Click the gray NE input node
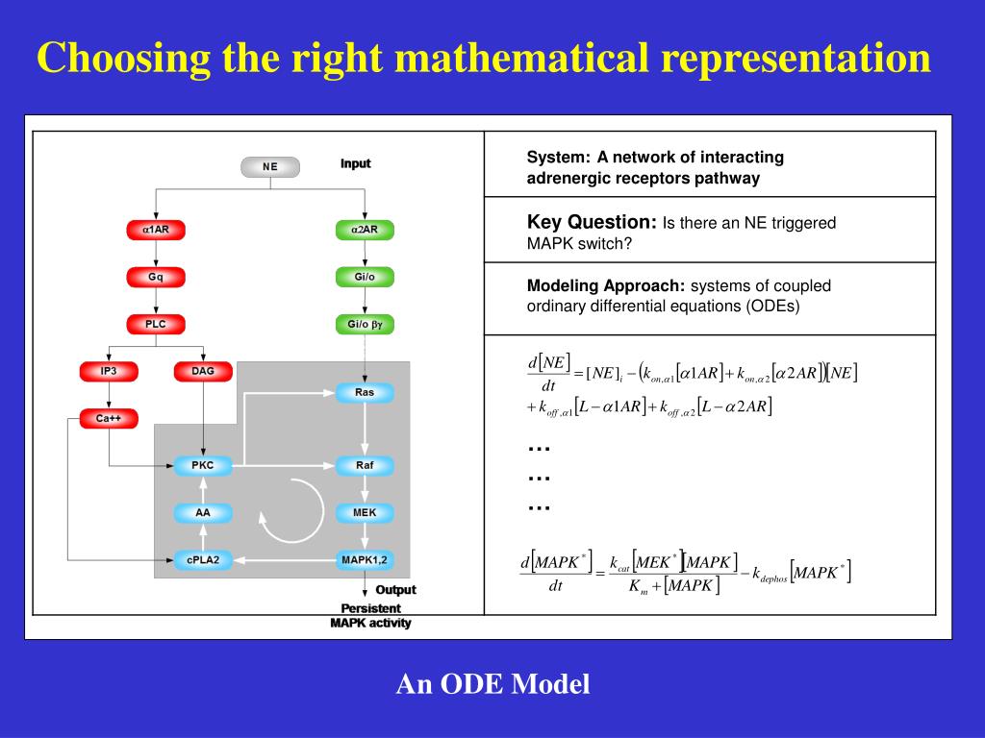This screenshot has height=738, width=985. (269, 167)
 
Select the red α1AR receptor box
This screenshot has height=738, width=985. (156, 231)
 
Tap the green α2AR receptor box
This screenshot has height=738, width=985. (365, 231)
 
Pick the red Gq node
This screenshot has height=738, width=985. (156, 278)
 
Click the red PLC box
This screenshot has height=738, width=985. (156, 325)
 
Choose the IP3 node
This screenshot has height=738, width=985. (108, 371)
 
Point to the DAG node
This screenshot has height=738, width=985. (203, 371)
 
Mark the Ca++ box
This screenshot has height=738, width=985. (108, 419)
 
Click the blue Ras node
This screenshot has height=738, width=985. (365, 393)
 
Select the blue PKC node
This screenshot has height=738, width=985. (203, 466)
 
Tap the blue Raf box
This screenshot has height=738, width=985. (365, 466)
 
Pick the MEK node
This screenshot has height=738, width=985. (365, 512)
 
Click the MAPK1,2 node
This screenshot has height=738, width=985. (365, 559)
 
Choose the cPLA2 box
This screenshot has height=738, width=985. (203, 559)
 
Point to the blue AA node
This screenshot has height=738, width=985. (203, 512)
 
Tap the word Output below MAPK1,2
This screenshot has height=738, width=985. (396, 590)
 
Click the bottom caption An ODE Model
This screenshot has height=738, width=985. (493, 684)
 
